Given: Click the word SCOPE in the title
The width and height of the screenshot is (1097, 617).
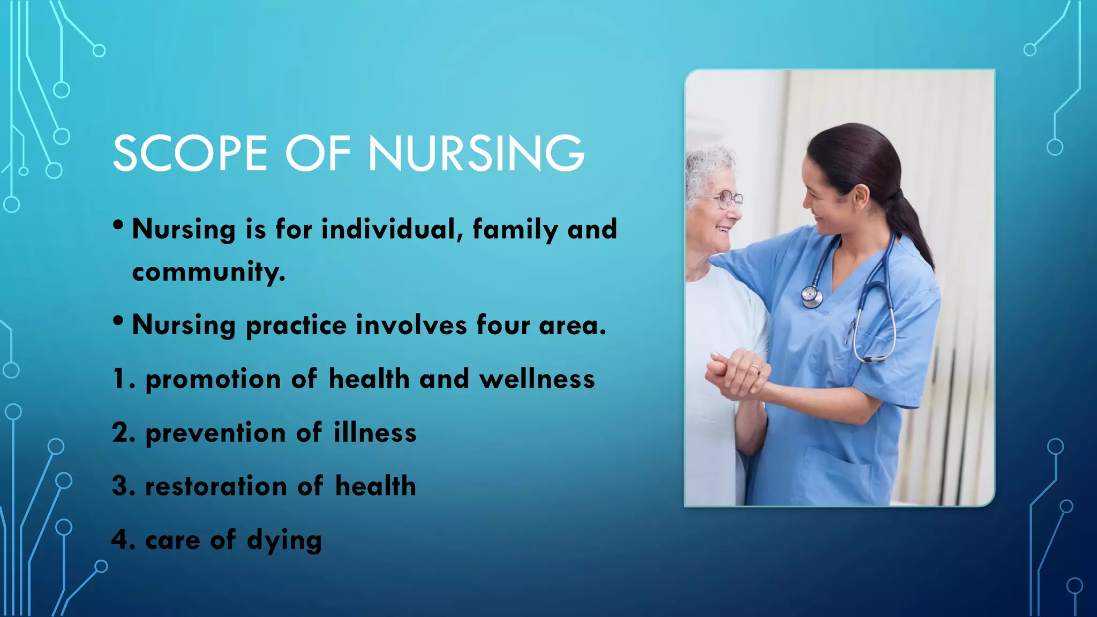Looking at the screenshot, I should [x=190, y=154].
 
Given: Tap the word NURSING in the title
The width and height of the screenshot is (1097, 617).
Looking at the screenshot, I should [x=476, y=154].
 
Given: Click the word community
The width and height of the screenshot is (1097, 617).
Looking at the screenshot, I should [x=208, y=272].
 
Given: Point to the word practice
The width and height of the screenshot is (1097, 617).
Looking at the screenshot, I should [x=296, y=326].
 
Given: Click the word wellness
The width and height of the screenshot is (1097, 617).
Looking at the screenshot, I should [x=537, y=379].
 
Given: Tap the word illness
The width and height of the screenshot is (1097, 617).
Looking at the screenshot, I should [x=375, y=433].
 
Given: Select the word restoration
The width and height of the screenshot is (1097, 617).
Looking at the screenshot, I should [x=216, y=486].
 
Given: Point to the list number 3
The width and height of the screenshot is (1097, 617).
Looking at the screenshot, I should [x=120, y=486].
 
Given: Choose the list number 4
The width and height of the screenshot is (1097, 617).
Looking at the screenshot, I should [x=120, y=540].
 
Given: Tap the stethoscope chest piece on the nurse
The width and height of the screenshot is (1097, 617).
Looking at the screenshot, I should [x=812, y=296].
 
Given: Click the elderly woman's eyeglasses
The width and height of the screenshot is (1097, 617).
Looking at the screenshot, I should [x=726, y=199].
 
